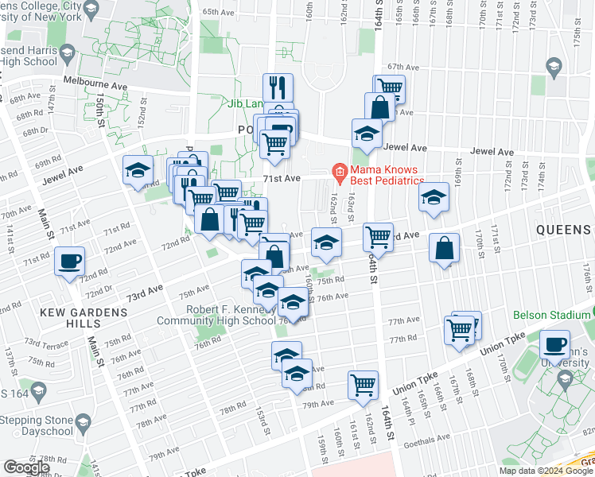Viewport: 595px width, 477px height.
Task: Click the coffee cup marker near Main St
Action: (69, 262)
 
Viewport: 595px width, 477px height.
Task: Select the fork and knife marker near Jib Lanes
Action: (278, 87)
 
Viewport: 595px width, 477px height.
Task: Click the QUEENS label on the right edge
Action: (563, 230)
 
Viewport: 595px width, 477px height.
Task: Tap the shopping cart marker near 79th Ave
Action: (363, 385)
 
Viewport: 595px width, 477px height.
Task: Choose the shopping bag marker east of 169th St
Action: (444, 249)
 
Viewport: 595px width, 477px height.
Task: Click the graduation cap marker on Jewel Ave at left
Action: (138, 170)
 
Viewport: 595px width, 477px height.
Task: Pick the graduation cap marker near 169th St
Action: (434, 198)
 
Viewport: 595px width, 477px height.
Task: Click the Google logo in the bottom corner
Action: (26, 467)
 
